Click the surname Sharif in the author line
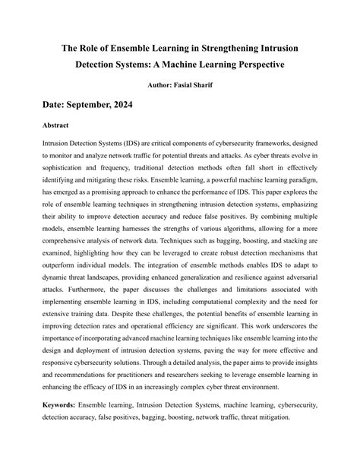tap(213, 87)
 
